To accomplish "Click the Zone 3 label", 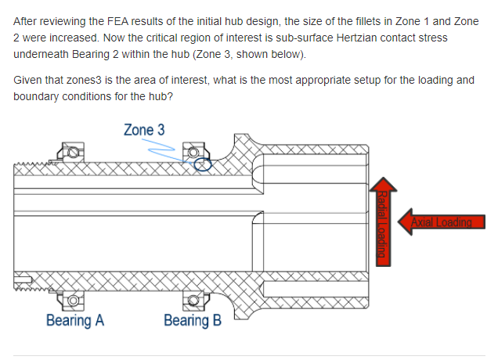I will click(x=143, y=129).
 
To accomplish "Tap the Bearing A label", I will click(x=75, y=320).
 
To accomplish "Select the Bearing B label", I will click(x=193, y=320).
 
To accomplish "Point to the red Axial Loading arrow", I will click(x=442, y=221).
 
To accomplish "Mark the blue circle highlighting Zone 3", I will click(x=202, y=164).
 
